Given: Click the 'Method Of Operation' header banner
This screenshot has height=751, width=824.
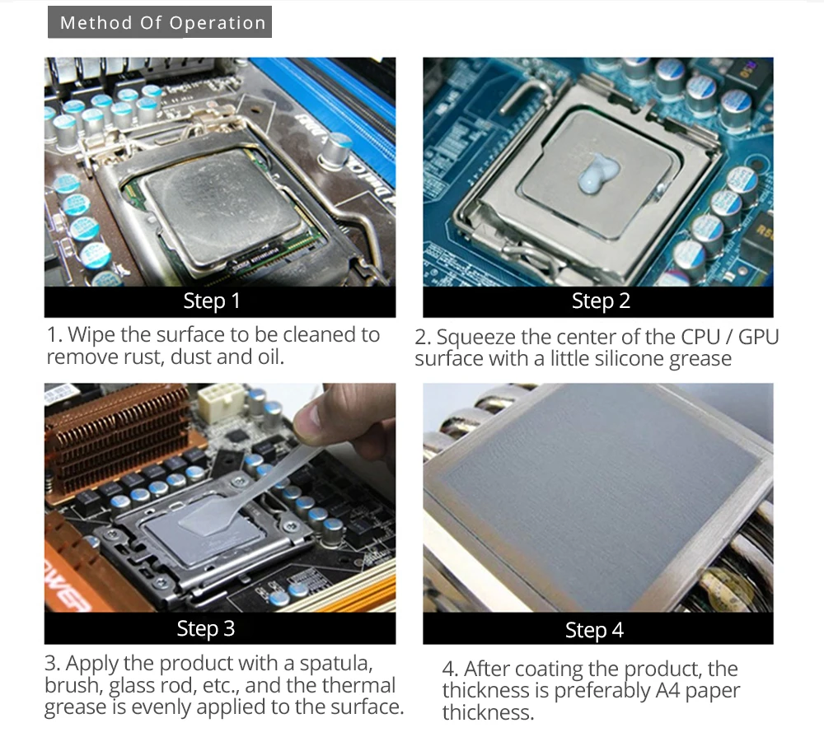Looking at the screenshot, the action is pos(160,22).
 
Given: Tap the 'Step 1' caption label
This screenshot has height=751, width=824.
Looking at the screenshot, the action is pos(212,301).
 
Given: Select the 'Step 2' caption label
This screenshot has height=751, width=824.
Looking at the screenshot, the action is pos(601,301).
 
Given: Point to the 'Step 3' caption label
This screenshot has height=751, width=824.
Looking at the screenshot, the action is pos(205,628).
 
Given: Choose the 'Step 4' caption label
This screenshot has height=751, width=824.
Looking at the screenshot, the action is pos(594,630).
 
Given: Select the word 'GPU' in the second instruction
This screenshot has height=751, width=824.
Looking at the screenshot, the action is pos(758,337).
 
